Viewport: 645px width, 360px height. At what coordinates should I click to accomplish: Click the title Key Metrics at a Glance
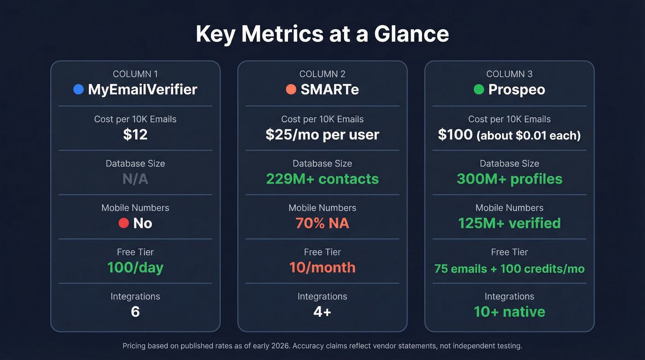pyautogui.click(x=322, y=34)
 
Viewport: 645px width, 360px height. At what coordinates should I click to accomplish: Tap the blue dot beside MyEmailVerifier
pyautogui.click(x=78, y=89)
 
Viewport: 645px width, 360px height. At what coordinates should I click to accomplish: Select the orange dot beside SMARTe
pyautogui.click(x=291, y=89)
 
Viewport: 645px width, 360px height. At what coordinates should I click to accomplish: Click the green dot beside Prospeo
pyautogui.click(x=479, y=89)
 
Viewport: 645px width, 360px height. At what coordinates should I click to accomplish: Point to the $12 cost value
pyautogui.click(x=135, y=135)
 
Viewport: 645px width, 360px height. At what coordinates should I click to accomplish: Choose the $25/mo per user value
pyautogui.click(x=322, y=135)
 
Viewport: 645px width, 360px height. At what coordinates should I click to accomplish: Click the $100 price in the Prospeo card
pyautogui.click(x=455, y=135)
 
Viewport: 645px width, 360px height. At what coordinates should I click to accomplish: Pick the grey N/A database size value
pyautogui.click(x=135, y=179)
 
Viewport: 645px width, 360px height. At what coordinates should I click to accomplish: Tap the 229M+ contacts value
pyautogui.click(x=322, y=179)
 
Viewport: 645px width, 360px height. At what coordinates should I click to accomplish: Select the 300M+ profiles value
pyautogui.click(x=509, y=179)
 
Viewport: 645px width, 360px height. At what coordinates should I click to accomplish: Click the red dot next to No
pyautogui.click(x=123, y=223)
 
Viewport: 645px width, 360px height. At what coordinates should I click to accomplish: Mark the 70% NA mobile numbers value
pyautogui.click(x=322, y=223)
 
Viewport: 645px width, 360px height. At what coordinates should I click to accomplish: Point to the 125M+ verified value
pyautogui.click(x=509, y=223)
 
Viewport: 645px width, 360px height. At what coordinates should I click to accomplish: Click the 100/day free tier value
pyautogui.click(x=135, y=267)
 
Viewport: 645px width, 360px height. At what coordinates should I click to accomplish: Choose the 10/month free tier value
pyautogui.click(x=322, y=267)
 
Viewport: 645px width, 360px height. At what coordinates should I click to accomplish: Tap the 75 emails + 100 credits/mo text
pyautogui.click(x=509, y=268)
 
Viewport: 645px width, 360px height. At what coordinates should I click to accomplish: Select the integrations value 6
pyautogui.click(x=135, y=312)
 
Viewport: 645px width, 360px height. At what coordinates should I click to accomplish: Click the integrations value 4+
pyautogui.click(x=322, y=312)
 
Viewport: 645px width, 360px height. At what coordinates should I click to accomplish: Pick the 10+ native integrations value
pyautogui.click(x=509, y=312)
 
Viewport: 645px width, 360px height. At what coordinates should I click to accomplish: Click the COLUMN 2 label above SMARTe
pyautogui.click(x=322, y=74)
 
